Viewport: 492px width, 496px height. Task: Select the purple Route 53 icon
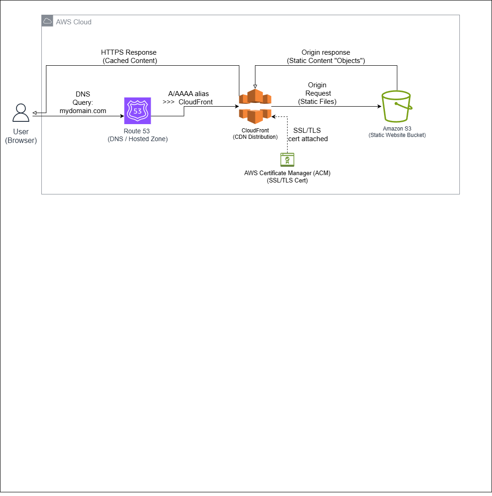(137, 111)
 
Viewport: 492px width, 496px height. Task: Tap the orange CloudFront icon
(255, 107)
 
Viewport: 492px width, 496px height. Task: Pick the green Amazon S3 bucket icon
(396, 106)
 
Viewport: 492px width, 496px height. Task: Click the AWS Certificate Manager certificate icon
(287, 160)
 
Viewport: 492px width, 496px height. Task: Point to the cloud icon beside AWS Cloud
(47, 21)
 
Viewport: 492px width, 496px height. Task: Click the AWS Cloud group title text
(74, 22)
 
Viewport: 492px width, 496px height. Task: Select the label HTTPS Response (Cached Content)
(129, 57)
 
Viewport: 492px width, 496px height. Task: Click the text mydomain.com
(83, 111)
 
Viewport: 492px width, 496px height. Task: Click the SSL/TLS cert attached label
(307, 135)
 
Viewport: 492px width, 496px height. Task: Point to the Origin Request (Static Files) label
(317, 93)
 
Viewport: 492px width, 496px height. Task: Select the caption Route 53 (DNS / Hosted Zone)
(137, 135)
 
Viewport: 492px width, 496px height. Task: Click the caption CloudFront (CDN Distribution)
(255, 134)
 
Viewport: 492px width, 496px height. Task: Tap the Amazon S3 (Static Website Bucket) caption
(396, 132)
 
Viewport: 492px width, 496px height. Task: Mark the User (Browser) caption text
(21, 136)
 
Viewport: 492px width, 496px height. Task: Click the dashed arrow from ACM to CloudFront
(287, 138)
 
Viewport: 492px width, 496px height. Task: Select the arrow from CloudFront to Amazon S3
(326, 107)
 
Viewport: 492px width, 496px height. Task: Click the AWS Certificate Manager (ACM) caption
(287, 177)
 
